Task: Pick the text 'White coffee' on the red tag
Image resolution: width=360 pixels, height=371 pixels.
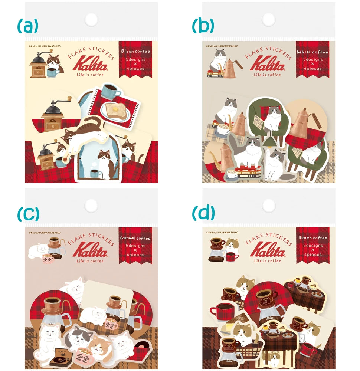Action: click(x=312, y=52)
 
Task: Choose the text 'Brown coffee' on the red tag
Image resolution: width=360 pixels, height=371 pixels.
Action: click(x=312, y=238)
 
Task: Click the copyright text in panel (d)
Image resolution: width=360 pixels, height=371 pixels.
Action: click(x=222, y=232)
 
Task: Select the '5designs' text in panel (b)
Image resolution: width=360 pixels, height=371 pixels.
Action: click(x=312, y=59)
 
